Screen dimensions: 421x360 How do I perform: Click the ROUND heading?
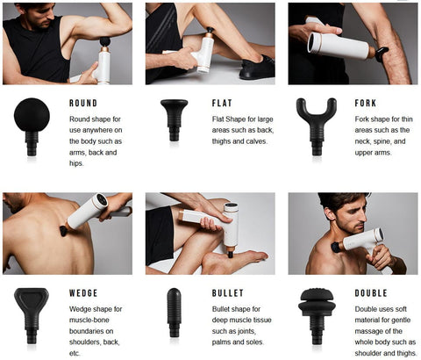click(83, 103)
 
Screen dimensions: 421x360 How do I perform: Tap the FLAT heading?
click(222, 103)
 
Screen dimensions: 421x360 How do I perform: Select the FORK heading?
click(366, 103)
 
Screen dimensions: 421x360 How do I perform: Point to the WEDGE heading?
click(83, 293)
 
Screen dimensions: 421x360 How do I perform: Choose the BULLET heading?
click(228, 293)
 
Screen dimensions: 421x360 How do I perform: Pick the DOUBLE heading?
click(371, 293)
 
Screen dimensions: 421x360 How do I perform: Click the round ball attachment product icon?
click(32, 126)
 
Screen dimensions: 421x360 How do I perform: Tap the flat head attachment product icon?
click(175, 120)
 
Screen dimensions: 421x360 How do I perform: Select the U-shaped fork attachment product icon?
click(317, 126)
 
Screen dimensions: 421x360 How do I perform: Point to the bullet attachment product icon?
click(174, 313)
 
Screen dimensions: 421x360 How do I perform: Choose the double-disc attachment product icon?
click(317, 316)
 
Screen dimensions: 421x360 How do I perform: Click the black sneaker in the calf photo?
click(257, 68)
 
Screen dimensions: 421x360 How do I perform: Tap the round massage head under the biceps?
click(105, 41)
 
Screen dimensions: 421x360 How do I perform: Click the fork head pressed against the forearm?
click(382, 54)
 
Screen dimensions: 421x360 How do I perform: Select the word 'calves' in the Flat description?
click(257, 141)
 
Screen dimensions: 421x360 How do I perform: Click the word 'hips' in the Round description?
click(76, 163)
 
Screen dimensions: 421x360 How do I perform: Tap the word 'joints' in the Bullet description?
click(245, 331)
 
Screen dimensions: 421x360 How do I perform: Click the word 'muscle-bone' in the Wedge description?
click(89, 320)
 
